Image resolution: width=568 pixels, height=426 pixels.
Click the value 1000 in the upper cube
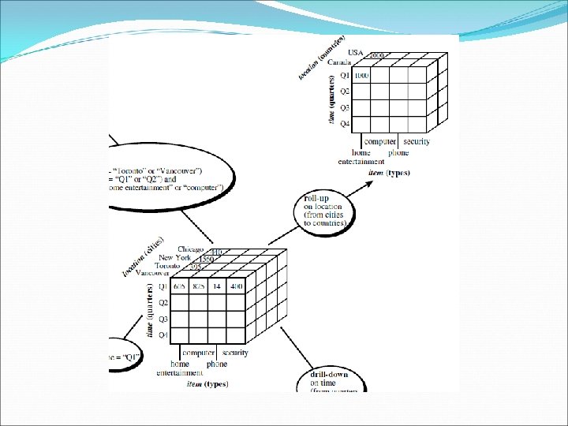(x=360, y=76)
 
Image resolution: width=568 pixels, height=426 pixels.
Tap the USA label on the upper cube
(x=355, y=53)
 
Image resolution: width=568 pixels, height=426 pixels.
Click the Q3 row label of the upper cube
(x=345, y=107)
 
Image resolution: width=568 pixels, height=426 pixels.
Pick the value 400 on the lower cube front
(x=237, y=286)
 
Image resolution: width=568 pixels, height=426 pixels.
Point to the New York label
(x=176, y=258)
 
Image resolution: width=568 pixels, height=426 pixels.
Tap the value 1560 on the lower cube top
(x=207, y=259)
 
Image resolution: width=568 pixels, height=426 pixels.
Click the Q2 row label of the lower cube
(x=163, y=303)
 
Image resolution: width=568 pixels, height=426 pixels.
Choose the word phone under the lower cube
(x=217, y=364)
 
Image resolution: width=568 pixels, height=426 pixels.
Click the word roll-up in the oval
(x=316, y=199)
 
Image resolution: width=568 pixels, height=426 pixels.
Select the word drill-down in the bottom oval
(x=328, y=374)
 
